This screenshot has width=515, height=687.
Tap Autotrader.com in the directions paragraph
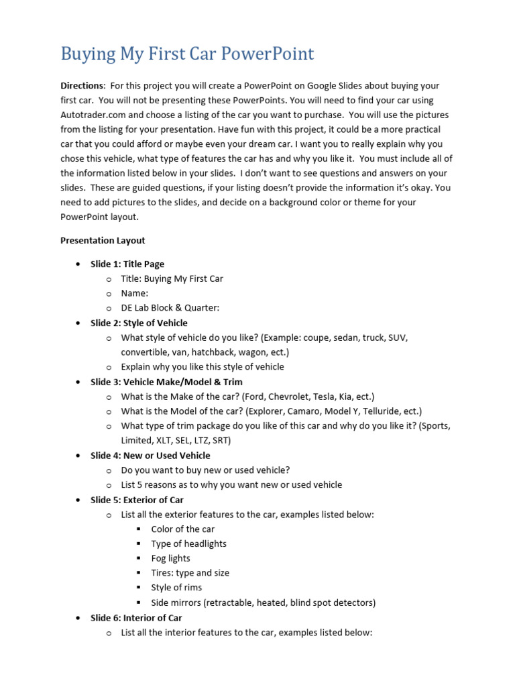click(91, 115)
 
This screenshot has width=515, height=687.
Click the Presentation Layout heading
click(103, 240)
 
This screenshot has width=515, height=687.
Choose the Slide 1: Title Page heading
click(127, 264)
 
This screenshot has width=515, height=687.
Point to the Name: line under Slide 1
click(135, 293)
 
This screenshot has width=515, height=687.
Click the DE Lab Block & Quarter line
click(170, 308)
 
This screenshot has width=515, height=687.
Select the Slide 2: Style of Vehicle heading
click(139, 323)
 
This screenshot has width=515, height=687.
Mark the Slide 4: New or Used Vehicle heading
click(150, 456)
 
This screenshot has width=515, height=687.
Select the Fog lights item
click(170, 558)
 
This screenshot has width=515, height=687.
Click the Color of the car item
click(183, 529)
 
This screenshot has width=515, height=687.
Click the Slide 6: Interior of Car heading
click(136, 617)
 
